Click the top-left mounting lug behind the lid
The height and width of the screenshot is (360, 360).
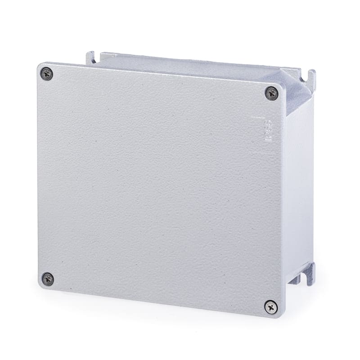tap(91, 58)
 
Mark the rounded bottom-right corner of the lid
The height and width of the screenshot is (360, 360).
tap(278, 314)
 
